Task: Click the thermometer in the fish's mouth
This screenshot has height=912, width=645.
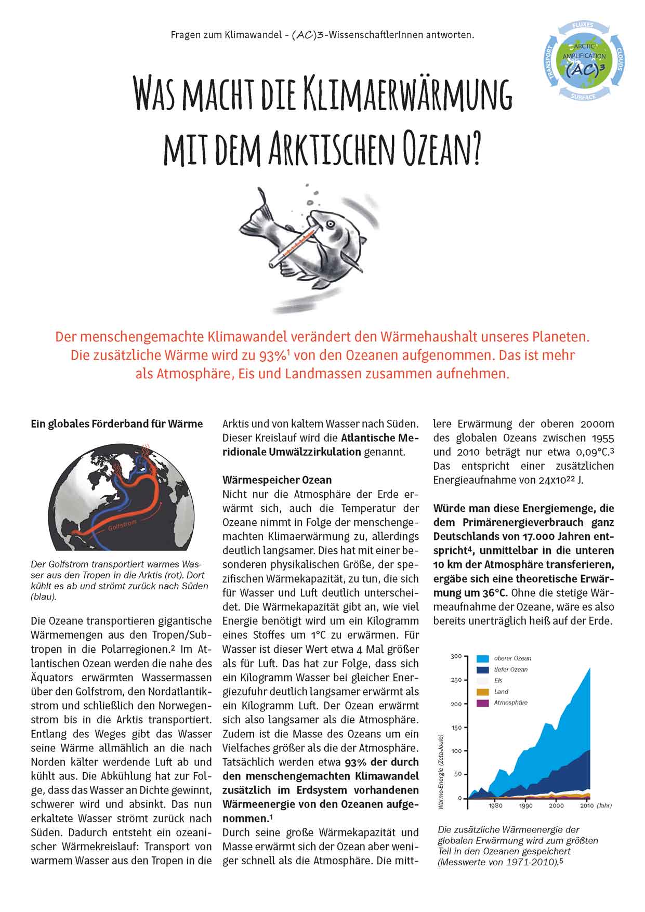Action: point(294,244)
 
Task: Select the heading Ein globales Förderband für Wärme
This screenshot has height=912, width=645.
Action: point(117,424)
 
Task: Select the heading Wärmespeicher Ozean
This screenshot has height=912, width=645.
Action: point(277,479)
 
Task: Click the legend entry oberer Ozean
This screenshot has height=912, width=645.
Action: point(512,658)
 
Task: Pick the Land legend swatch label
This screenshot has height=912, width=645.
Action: point(501,692)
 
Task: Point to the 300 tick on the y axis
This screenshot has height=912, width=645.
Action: point(455,656)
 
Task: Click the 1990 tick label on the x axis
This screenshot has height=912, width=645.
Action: point(525,806)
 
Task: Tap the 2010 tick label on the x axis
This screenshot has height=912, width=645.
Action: point(586,806)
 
